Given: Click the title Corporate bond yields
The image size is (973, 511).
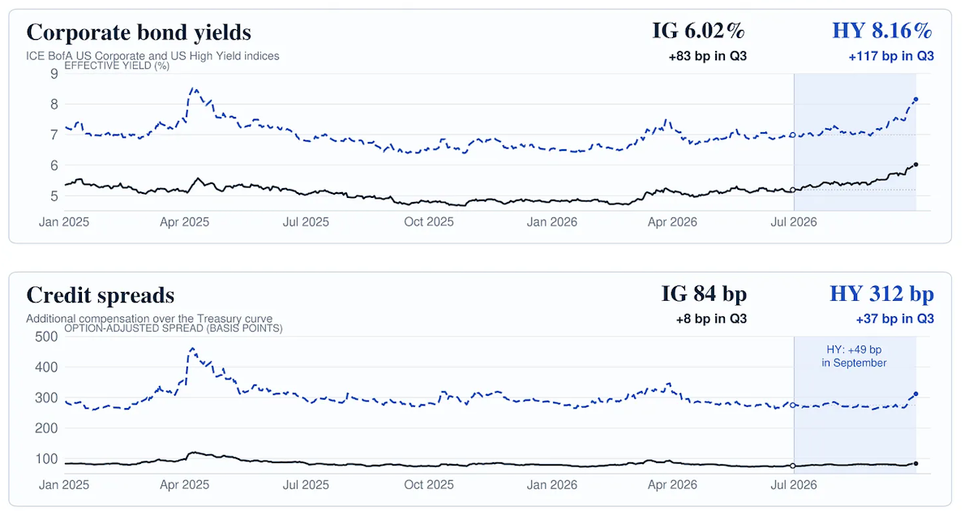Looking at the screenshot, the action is pyautogui.click(x=139, y=32).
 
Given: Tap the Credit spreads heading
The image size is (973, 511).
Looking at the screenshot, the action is pyautogui.click(x=101, y=295).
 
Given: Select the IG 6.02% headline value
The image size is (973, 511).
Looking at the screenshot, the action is pyautogui.click(x=698, y=31).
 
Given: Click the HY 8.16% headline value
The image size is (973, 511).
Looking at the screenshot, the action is pyautogui.click(x=882, y=31).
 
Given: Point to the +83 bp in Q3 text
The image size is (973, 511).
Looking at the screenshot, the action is pyautogui.click(x=708, y=57).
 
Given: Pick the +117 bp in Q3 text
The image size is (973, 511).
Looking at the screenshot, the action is pyautogui.click(x=891, y=57).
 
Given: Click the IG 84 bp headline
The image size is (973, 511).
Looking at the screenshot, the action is pyautogui.click(x=704, y=294).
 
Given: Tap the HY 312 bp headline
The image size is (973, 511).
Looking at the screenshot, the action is pyautogui.click(x=882, y=294).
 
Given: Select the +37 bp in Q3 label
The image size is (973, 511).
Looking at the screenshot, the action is pyautogui.click(x=895, y=319).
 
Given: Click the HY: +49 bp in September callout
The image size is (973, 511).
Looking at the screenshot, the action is pyautogui.click(x=854, y=356).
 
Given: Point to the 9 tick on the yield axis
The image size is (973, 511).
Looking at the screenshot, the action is pyautogui.click(x=54, y=74).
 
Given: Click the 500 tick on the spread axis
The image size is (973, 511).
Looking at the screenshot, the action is pyautogui.click(x=46, y=337).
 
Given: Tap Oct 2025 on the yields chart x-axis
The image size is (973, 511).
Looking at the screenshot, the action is pyautogui.click(x=429, y=222).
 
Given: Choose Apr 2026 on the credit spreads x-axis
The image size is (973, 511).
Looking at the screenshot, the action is pyautogui.click(x=672, y=485).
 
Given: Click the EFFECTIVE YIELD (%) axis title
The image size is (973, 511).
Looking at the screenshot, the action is pyautogui.click(x=117, y=66).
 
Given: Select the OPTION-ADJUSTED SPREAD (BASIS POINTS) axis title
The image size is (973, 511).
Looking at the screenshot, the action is pyautogui.click(x=174, y=328).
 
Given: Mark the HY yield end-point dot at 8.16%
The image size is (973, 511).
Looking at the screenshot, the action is pyautogui.click(x=916, y=100).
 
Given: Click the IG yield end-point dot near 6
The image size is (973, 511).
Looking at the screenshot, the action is pyautogui.click(x=916, y=165).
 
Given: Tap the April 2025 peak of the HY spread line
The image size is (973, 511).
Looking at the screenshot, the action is pyautogui.click(x=192, y=349).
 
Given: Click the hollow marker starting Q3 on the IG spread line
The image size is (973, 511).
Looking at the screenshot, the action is pyautogui.click(x=793, y=466).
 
